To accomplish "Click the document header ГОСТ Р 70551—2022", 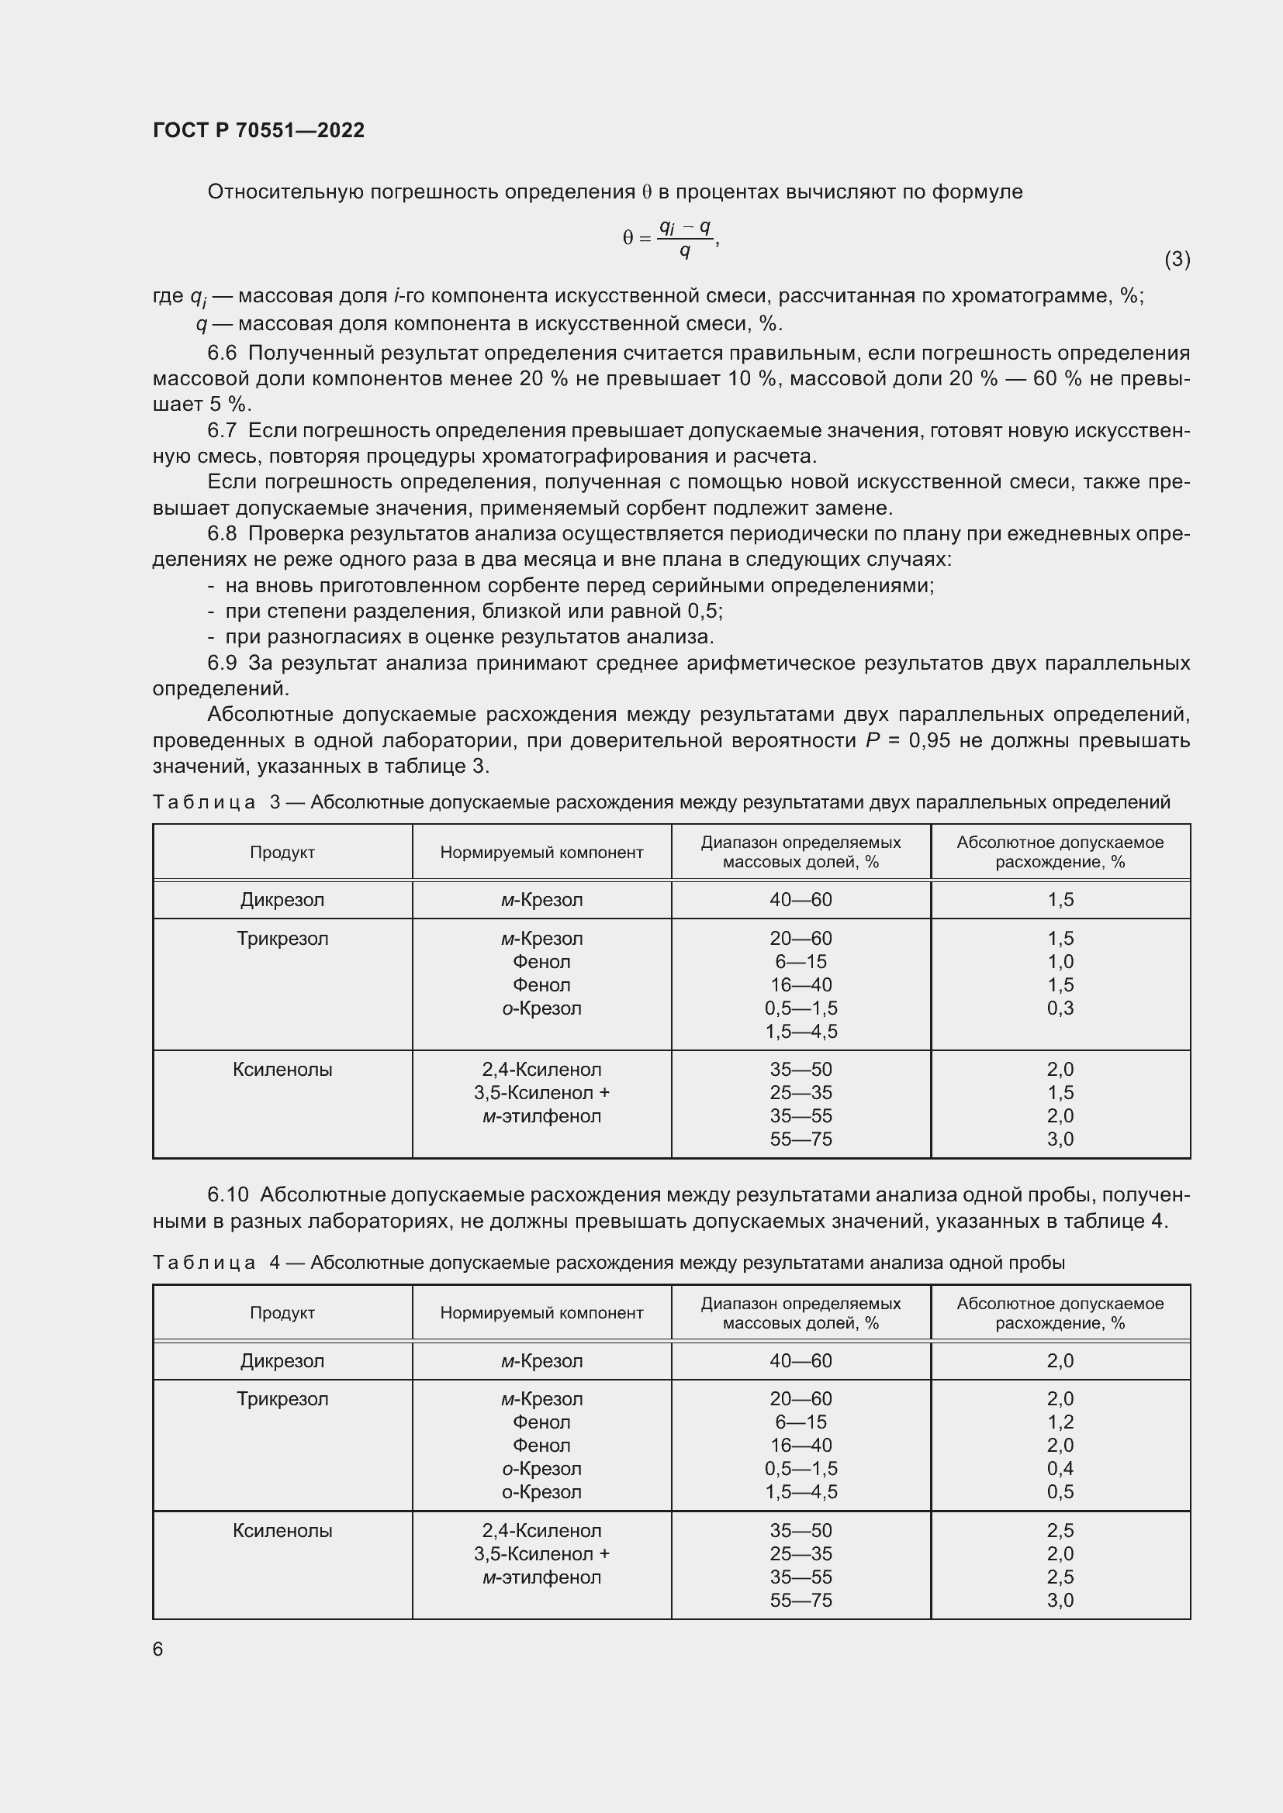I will coord(258,130).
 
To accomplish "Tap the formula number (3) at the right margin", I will coord(1177,259).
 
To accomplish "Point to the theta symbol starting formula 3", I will coord(628,238).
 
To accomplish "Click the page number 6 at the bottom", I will coord(158,1649).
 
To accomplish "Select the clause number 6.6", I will coord(222,353).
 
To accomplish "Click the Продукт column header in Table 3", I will coord(282,852).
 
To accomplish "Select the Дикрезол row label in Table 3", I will coord(282,899).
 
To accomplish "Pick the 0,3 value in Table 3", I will coord(1060,1008).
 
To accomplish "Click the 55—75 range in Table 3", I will coord(801,1139).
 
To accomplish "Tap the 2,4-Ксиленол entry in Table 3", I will coord(541,1069).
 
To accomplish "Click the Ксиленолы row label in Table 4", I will coord(282,1530).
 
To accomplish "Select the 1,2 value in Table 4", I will coord(1060,1422).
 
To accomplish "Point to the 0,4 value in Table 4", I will coord(1060,1468).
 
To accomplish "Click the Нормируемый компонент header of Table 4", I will coord(541,1312).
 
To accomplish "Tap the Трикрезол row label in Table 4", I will coord(282,1398).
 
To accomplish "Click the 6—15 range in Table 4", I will coord(801,1422).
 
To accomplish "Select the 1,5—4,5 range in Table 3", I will coord(801,1031).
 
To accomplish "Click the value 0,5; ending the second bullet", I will coord(704,611).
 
